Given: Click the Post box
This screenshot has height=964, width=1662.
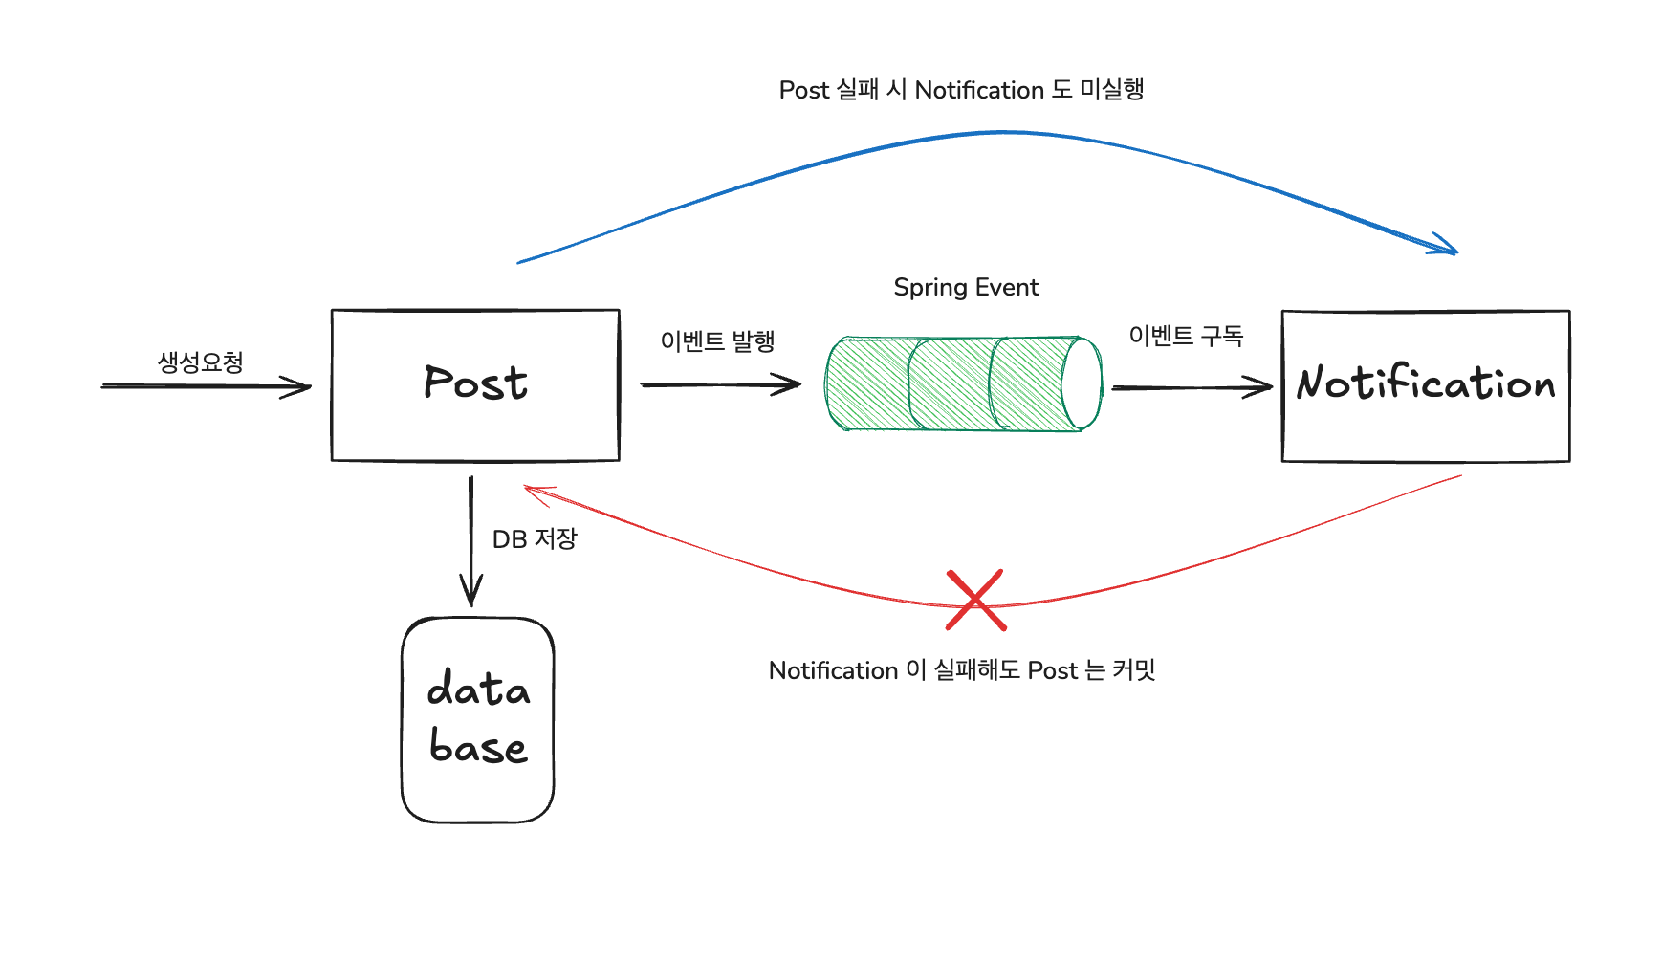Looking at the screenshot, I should [475, 384].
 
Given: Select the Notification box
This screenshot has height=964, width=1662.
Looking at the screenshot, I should [1425, 385].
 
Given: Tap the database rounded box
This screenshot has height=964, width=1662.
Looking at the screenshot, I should [477, 719].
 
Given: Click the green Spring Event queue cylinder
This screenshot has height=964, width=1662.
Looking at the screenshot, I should [956, 383].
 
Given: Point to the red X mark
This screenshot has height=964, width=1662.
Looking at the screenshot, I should [975, 601].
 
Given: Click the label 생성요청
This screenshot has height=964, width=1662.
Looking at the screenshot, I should [201, 362].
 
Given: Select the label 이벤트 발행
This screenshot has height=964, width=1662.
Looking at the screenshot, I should [717, 341].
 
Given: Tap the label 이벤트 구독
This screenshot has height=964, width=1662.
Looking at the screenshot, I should [1186, 336].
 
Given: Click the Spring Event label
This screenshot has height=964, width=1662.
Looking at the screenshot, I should [966, 288].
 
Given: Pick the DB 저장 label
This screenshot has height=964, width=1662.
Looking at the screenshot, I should [535, 539].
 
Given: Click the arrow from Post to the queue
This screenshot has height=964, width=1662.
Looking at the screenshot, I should [720, 384].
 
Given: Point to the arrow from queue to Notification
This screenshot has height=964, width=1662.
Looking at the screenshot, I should [1192, 387].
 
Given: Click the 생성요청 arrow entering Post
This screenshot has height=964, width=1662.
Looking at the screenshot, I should [206, 386].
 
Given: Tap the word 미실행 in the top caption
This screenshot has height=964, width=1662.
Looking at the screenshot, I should [1112, 90].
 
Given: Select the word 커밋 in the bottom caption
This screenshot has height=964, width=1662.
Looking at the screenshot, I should [1134, 670].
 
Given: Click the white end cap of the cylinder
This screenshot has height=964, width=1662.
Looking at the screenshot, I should [1082, 383].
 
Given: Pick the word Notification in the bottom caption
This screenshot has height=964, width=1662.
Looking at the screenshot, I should [833, 670].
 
